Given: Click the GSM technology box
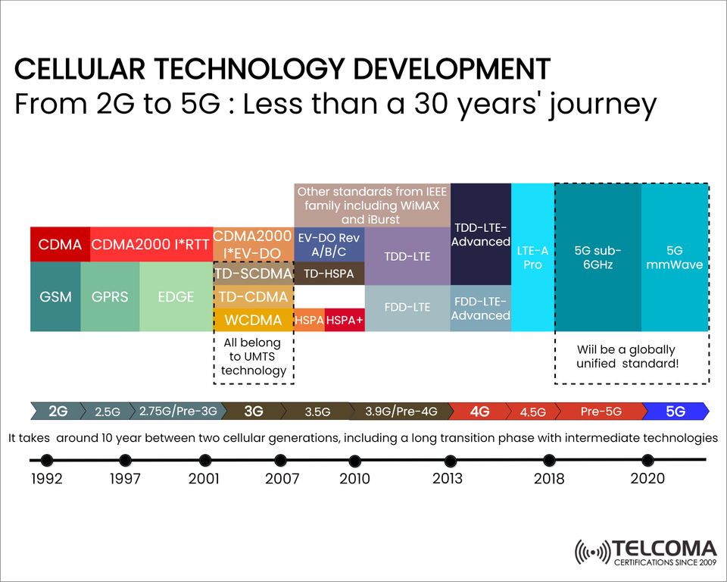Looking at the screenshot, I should tap(55, 296).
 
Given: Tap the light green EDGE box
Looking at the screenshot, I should tap(176, 296).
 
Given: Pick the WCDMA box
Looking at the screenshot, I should tap(253, 320).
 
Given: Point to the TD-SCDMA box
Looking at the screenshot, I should tap(253, 274).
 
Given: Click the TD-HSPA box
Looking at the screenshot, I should tap(329, 274).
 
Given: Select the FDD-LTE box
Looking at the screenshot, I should tap(407, 308).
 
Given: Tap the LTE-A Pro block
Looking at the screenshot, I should tap(533, 258).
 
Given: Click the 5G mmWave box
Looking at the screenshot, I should tap(674, 258).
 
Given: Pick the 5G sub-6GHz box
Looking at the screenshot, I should tap(598, 258).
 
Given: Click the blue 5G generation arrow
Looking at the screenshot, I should tap(676, 411).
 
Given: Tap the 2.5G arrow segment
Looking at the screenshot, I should tap(108, 411).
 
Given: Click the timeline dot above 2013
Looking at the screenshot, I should tap(450, 461).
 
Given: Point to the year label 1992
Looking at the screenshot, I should tap(47, 478).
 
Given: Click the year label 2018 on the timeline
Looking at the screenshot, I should tap(549, 478).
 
